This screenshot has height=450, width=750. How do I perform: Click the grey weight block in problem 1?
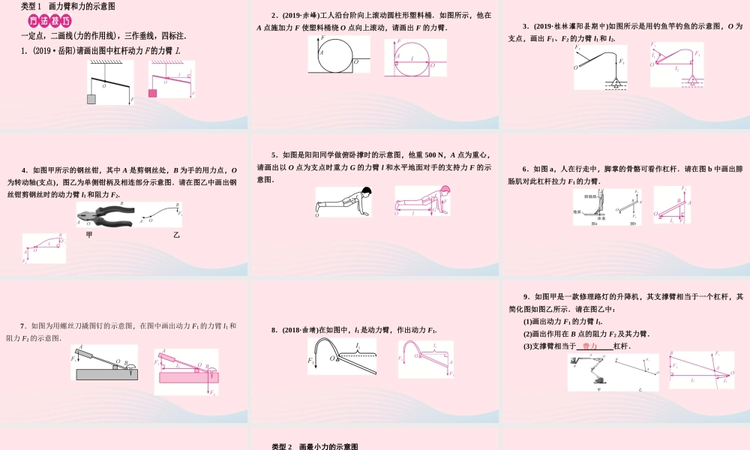click(x=91, y=99)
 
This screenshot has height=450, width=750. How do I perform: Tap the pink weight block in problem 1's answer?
click(x=153, y=93)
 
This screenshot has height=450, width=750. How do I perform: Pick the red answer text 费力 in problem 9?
click(x=589, y=346)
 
